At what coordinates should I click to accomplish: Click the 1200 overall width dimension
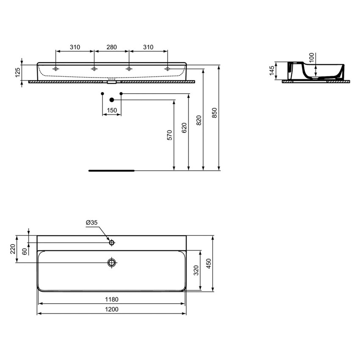coord(112,310)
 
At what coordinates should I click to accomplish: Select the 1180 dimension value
coord(112,299)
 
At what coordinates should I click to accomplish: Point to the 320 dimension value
coord(196,270)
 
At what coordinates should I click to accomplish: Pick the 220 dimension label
coord(13,249)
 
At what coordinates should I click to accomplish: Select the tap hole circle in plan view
coord(112,243)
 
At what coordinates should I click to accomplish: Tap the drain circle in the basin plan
coord(112,263)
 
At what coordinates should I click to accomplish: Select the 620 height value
coord(184,128)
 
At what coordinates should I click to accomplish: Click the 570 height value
coord(169,135)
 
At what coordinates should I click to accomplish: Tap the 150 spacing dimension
coord(112,110)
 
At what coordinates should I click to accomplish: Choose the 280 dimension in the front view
coord(111,47)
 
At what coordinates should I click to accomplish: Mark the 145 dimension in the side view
coord(272,70)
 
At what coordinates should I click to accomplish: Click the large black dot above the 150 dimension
coord(112,100)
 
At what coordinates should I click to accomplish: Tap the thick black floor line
coord(111,171)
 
